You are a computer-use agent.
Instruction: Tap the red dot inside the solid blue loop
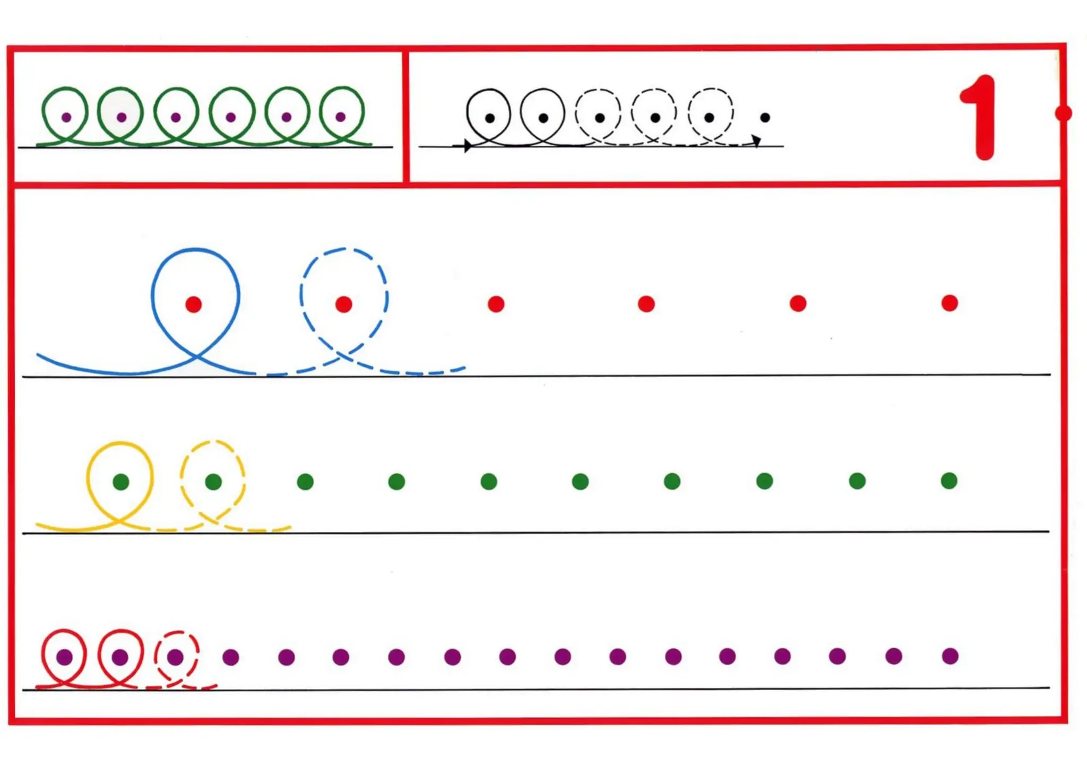[x=194, y=304]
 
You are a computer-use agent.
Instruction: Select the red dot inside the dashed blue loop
[x=344, y=304]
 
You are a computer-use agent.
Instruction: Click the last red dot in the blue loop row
[x=950, y=303]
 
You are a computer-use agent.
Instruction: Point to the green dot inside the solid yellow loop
[x=121, y=482]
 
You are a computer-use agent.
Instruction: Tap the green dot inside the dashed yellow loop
[x=213, y=482]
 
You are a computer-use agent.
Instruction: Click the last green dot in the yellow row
[x=949, y=481]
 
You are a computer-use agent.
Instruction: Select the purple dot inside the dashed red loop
[x=175, y=657]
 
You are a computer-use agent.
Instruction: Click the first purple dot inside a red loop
[x=65, y=657]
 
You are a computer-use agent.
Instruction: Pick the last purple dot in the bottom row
[x=950, y=656]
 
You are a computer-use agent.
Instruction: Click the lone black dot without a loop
[x=765, y=117]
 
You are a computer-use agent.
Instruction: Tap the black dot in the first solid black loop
[x=490, y=118]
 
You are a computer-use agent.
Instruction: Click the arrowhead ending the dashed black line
[x=756, y=140]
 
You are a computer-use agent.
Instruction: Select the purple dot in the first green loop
[x=66, y=117]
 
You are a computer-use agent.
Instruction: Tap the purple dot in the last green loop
[x=341, y=117]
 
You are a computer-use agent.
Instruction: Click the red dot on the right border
[x=1063, y=113]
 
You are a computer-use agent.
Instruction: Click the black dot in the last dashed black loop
[x=710, y=117]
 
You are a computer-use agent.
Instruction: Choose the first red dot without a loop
[x=496, y=304]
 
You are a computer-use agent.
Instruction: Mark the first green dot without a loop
[x=305, y=482]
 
